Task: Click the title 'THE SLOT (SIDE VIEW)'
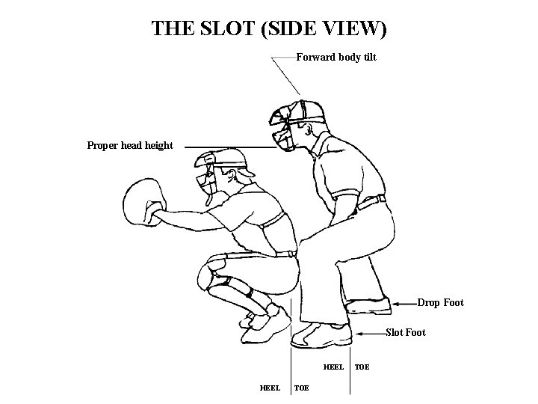[269, 28]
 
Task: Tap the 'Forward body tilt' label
[336, 57]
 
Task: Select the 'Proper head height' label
[130, 145]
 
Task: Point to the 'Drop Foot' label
[440, 302]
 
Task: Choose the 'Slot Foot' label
[405, 332]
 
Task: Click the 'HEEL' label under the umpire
[333, 367]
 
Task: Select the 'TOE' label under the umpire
[361, 367]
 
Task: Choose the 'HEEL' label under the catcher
[270, 388]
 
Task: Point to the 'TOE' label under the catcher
[302, 388]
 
